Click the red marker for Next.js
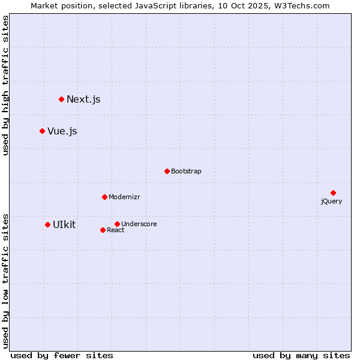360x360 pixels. pos(61,99)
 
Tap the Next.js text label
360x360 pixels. pos(83,100)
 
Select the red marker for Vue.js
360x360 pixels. pos(42,131)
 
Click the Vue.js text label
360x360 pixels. pos(62,131)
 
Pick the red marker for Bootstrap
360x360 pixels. pos(167,171)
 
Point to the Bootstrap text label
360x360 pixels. pos(186,172)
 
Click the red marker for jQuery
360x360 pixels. pos(333,193)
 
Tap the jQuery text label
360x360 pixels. pos(331,202)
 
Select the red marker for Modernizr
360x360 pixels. pos(104,197)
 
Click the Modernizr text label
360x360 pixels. pos(124,197)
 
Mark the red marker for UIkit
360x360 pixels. pos(47,224)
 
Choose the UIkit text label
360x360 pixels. pos(64,225)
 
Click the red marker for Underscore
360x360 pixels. pos(117,224)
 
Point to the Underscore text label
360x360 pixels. pos(139,224)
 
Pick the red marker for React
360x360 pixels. pos(103,230)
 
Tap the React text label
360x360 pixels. pos(116,230)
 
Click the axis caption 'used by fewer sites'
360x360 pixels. pos(62,355)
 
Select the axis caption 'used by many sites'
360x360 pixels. pos(301,355)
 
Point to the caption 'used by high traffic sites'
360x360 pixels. pos(6,85)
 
